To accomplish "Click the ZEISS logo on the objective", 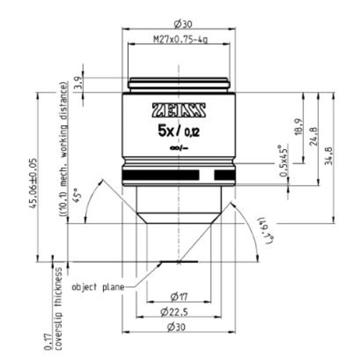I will [x=179, y=110].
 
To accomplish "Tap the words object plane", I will [x=98, y=287].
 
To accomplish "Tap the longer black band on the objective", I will [x=160, y=175].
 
